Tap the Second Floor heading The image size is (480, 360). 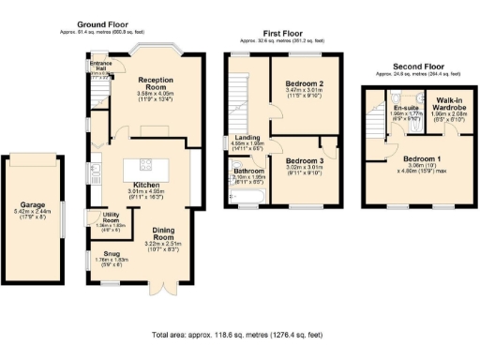point(419,67)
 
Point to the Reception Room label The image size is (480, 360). point(151,84)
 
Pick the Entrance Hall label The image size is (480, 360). point(101,67)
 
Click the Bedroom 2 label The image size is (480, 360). point(304,83)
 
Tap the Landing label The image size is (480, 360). point(247,138)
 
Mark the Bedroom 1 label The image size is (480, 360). point(419,159)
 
